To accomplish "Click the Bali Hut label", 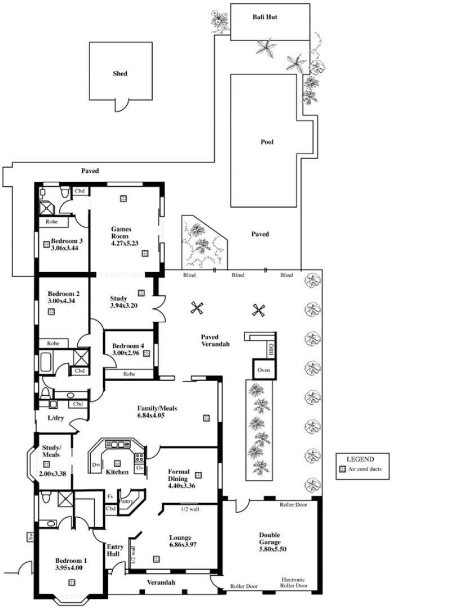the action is point(265,17).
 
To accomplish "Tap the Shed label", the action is point(120,73).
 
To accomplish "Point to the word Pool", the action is point(267,142).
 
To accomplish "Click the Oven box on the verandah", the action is point(264,370).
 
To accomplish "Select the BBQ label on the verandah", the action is point(271,349).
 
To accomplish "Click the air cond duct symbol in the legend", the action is point(342,469).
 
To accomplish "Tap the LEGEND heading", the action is point(360,459).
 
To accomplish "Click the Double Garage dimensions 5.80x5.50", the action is point(273,549).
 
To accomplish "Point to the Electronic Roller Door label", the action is point(294,583).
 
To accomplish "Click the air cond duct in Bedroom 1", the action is point(72,583).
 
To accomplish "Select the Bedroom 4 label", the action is point(128,346).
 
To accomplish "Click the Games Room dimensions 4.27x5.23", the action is point(125,243).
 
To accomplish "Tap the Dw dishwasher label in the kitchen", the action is point(96,465).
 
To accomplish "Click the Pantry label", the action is point(127,501).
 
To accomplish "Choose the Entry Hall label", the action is point(115,550).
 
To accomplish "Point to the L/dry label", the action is point(56,418).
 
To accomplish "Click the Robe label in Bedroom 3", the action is point(51,222).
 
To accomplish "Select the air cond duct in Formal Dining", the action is point(198,475).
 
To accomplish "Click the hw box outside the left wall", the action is point(30,537).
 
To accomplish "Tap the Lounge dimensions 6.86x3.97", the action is point(183,544).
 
